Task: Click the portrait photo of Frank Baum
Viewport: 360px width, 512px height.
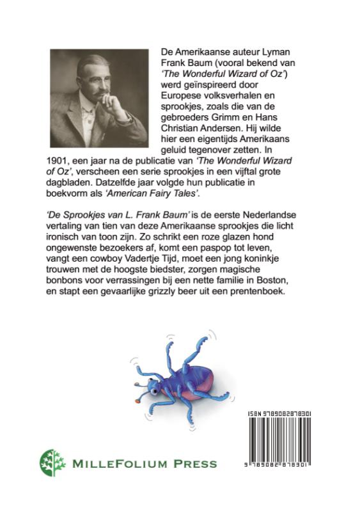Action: pos(97,95)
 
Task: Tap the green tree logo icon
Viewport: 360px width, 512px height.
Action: pos(52,463)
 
